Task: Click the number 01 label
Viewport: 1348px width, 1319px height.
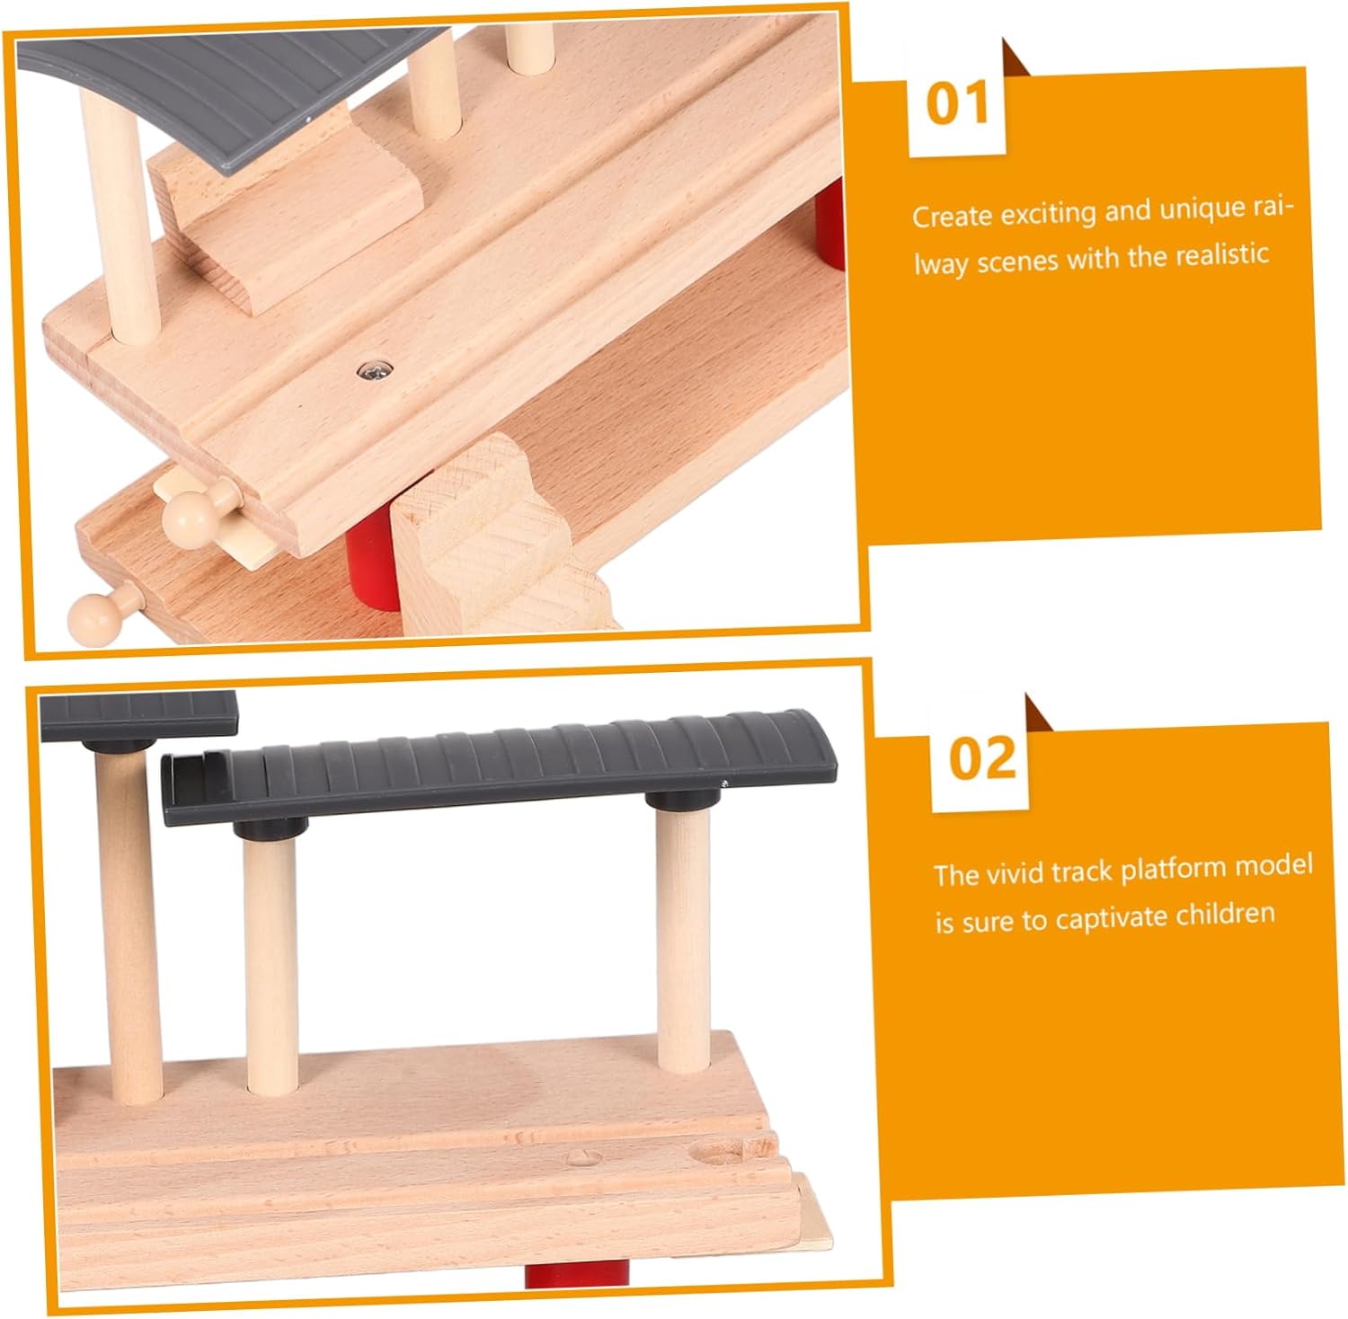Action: tap(956, 103)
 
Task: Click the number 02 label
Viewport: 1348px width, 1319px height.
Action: tap(982, 759)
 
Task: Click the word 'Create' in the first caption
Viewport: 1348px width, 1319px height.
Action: tap(952, 217)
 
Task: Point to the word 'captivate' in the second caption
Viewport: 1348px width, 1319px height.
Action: tap(1131, 919)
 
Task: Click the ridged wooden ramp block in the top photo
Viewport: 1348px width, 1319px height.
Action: tap(503, 539)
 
